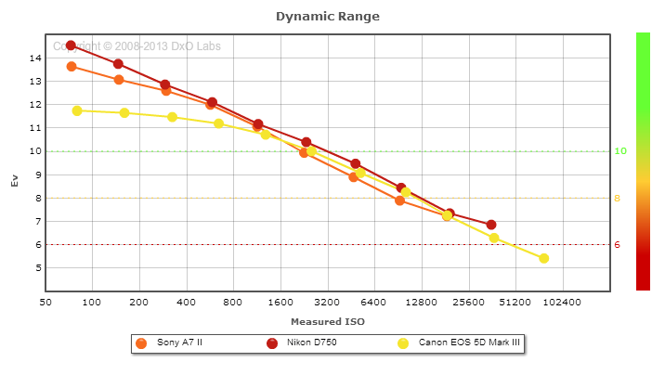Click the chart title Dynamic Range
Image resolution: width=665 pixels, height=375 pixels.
[328, 17]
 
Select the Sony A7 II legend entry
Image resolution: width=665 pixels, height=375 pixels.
[181, 343]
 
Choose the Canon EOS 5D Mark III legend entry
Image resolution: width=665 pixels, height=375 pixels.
[469, 343]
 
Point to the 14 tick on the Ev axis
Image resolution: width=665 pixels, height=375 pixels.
[35, 58]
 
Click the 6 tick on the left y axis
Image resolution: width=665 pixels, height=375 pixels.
[35, 244]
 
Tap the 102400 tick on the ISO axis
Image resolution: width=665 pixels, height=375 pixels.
[562, 303]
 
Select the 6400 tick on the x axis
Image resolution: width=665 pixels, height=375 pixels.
[373, 303]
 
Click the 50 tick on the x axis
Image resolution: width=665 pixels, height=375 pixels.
[45, 303]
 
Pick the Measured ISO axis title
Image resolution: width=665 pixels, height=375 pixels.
[328, 321]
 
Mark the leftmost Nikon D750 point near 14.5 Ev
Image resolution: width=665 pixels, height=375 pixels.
[71, 45]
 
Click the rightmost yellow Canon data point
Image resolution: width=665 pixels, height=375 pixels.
[544, 258]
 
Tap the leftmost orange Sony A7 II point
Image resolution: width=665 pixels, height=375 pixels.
[72, 67]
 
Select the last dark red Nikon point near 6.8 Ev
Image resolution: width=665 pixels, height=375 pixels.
[491, 225]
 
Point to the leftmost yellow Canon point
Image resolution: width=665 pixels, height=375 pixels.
[77, 110]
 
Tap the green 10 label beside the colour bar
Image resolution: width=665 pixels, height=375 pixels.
[620, 151]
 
